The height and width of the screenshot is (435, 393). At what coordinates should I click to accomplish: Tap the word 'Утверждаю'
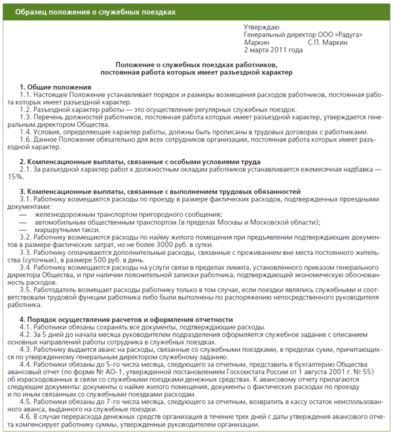point(261,27)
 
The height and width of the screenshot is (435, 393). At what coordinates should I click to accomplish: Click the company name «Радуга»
point(346,35)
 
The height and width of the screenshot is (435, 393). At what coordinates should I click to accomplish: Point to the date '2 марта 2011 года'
point(273,50)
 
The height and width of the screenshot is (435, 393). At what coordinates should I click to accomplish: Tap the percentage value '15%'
point(14,177)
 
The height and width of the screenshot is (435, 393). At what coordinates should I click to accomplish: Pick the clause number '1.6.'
point(28,140)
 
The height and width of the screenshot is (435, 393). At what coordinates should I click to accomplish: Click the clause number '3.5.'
point(28,290)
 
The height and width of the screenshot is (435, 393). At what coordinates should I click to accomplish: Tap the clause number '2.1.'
point(28,169)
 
